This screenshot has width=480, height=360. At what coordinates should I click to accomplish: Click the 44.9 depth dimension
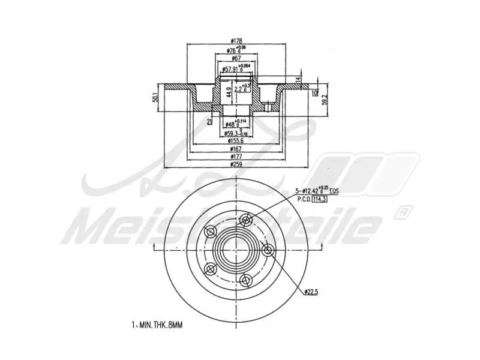click(228, 92)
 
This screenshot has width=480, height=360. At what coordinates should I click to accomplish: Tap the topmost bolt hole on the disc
click(245, 221)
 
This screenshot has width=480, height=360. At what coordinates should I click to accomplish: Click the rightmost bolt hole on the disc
click(268, 250)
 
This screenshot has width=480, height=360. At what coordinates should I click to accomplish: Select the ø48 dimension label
click(231, 124)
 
